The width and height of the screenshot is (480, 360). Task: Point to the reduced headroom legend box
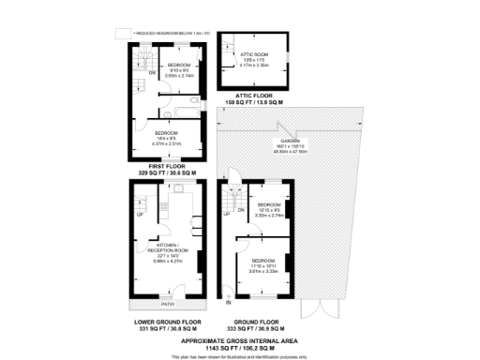click(x=121, y=33)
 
